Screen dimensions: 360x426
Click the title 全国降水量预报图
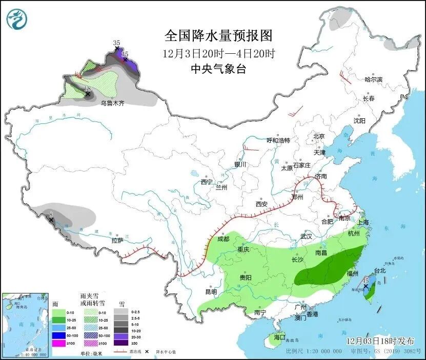click(218, 36)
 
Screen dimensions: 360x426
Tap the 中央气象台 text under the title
click(218, 69)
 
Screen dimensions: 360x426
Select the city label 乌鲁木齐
click(112, 103)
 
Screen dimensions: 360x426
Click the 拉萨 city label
click(117, 240)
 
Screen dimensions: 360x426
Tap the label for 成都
click(223, 239)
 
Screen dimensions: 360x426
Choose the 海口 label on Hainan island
click(279, 338)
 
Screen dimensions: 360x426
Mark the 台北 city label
click(379, 270)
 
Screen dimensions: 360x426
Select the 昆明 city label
click(211, 291)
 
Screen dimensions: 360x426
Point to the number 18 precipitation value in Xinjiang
click(87, 88)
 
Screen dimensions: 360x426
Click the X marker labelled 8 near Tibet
click(51, 220)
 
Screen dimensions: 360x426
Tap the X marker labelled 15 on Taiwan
click(366, 287)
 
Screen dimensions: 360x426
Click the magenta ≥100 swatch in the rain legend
click(59, 344)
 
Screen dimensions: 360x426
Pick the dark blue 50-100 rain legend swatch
click(59, 335)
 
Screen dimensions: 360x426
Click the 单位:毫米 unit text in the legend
click(91, 352)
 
